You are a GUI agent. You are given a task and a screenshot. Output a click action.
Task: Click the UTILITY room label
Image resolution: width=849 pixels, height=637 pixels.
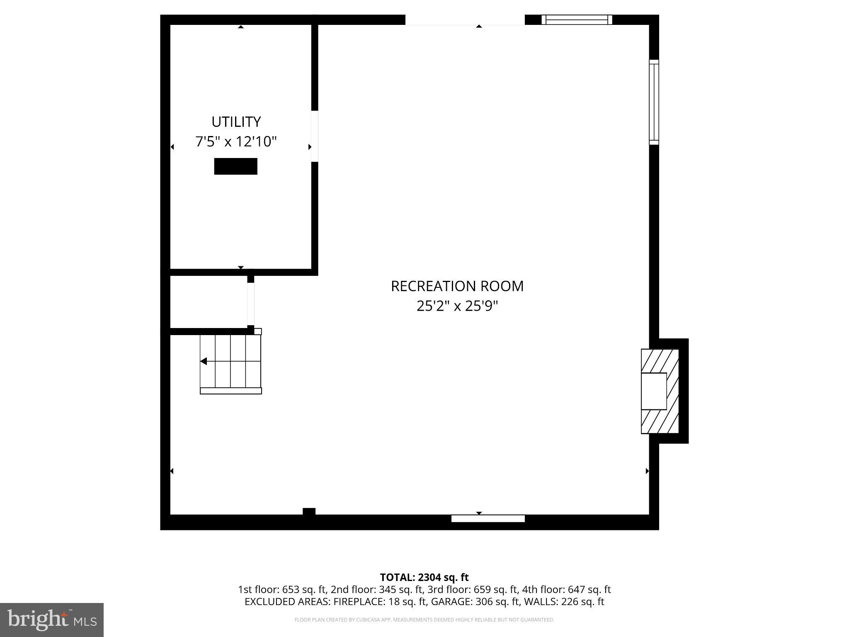click(236, 122)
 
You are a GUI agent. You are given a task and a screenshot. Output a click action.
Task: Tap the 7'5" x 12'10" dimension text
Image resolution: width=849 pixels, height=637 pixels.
click(236, 142)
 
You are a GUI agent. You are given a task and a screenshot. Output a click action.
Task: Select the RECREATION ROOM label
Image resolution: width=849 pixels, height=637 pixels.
click(457, 286)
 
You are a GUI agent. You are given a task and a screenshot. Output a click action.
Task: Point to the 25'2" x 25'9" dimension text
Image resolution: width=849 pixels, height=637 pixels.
click(457, 306)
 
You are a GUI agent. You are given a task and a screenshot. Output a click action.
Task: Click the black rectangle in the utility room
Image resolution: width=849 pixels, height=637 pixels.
click(235, 166)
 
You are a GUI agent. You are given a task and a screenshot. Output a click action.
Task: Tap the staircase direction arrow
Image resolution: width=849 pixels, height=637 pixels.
click(204, 361)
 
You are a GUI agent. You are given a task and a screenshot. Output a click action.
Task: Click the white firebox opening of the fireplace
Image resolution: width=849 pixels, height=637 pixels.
click(654, 391)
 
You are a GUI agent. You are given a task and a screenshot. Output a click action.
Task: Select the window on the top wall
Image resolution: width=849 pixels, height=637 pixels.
click(577, 19)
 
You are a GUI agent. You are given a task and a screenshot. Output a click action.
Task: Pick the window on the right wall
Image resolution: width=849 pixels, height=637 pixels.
click(654, 102)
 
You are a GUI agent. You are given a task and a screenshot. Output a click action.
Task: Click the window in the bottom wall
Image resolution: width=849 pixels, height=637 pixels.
click(488, 518)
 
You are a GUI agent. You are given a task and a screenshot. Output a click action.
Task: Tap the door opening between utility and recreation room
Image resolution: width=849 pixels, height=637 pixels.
click(315, 136)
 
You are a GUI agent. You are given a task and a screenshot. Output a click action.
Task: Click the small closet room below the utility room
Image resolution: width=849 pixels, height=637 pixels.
click(209, 301)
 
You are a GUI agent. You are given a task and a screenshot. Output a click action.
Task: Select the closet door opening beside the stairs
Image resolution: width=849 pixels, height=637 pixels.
click(250, 304)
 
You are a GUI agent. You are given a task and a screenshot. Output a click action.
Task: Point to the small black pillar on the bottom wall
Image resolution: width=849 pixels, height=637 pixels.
click(309, 512)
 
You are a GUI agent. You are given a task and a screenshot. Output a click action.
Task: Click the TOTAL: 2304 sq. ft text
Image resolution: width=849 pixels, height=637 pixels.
click(424, 577)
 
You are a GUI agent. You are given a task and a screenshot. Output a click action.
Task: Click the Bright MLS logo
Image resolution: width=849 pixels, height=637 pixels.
click(52, 620)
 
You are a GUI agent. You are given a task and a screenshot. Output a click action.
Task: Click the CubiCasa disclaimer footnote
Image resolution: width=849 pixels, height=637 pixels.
click(424, 620)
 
